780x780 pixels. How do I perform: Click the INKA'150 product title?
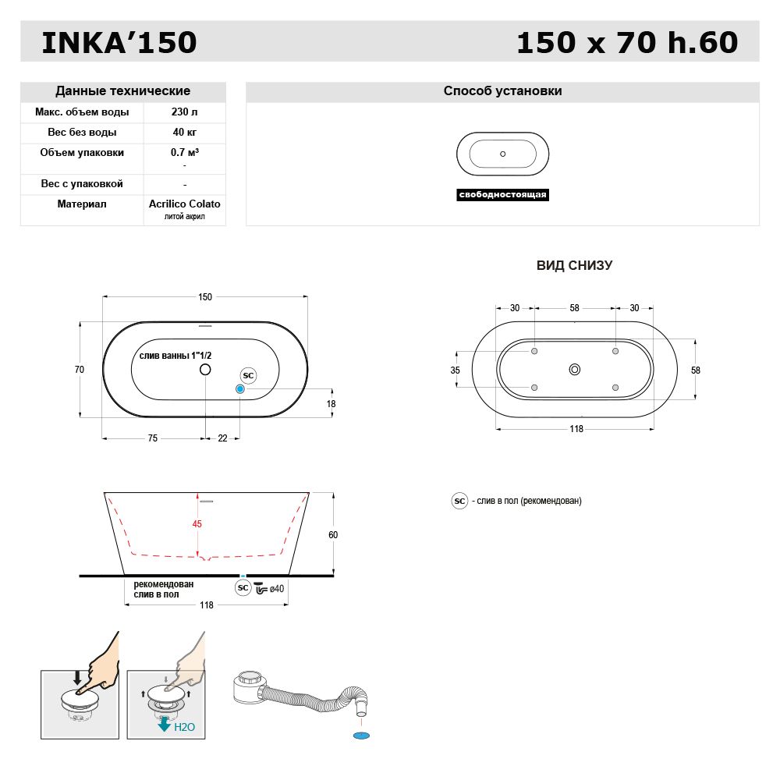119,43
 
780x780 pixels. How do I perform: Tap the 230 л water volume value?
184,112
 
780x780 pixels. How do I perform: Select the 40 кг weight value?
184,133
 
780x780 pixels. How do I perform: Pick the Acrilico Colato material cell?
185,204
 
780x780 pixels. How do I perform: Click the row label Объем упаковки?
82,153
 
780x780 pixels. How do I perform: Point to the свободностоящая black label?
502,195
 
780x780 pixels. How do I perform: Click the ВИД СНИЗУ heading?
574,265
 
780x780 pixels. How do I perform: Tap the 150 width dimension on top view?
205,297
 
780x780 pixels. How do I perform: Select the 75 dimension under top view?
153,438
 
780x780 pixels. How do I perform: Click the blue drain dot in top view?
240,388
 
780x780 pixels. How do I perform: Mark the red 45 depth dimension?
197,524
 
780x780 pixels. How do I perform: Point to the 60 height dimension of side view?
333,535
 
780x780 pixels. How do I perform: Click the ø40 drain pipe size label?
276,588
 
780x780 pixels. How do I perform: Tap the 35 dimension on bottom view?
456,370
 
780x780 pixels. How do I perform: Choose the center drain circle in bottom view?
575,370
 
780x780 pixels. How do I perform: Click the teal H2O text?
184,726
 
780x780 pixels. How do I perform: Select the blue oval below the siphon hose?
360,735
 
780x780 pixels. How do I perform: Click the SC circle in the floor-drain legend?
459,501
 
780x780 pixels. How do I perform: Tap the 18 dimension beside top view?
331,404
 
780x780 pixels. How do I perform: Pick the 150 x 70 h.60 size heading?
627,43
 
